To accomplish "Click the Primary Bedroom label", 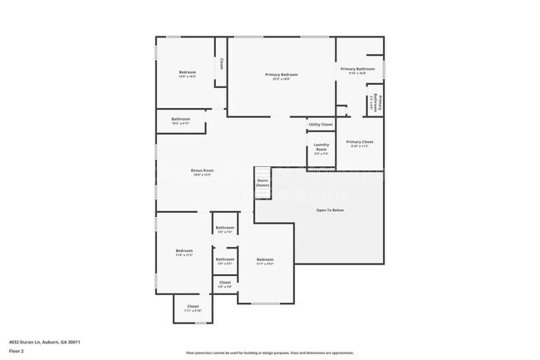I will pyautogui.click(x=282, y=76).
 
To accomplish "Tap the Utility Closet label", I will pyautogui.click(x=321, y=125).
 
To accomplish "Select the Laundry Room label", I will pyautogui.click(x=321, y=150).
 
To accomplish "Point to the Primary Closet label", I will pyautogui.click(x=360, y=143).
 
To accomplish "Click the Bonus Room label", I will pyautogui.click(x=203, y=172).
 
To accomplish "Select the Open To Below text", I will pyautogui.click(x=330, y=210).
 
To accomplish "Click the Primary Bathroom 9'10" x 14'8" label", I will pyautogui.click(x=357, y=71).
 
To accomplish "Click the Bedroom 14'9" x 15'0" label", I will pyautogui.click(x=188, y=74).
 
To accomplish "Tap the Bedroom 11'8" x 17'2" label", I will pyautogui.click(x=184, y=253).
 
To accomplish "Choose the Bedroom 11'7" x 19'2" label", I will pyautogui.click(x=265, y=262).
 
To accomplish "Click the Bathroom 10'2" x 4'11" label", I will pyautogui.click(x=181, y=121).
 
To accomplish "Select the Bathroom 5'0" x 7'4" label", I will pyautogui.click(x=225, y=229).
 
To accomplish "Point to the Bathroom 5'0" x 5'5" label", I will pyautogui.click(x=225, y=261).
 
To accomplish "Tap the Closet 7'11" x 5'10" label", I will pyautogui.click(x=193, y=308).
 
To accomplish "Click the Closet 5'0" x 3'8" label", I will pyautogui.click(x=225, y=284).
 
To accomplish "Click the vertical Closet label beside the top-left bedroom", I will pyautogui.click(x=221, y=63).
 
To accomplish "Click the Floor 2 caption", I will pyautogui.click(x=17, y=351).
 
